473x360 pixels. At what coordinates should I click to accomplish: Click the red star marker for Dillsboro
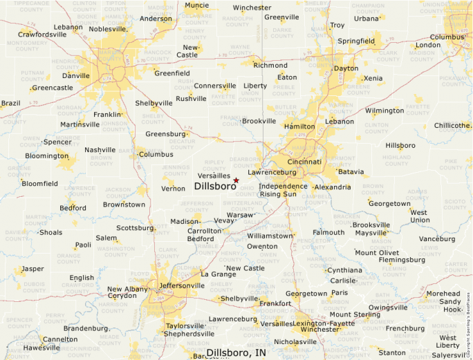[x=236, y=180]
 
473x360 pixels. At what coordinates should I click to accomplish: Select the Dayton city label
[x=346, y=68]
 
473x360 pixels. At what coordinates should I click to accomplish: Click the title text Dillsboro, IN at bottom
[x=236, y=352]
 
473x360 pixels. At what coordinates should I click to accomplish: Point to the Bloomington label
[x=46, y=155]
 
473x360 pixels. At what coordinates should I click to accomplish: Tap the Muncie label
[x=197, y=6]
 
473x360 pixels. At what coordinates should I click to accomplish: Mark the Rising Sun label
[x=277, y=194]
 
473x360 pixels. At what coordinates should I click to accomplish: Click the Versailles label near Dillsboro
[x=214, y=176]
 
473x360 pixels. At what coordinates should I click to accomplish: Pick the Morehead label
[x=443, y=294]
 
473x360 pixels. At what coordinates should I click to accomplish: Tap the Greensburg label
[x=165, y=134]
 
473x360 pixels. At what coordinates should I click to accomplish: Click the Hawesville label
[x=41, y=348]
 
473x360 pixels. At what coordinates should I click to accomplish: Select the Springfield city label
[x=356, y=41]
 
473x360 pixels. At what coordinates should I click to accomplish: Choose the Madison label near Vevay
[x=185, y=221]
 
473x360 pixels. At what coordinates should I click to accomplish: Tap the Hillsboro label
[x=400, y=146]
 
